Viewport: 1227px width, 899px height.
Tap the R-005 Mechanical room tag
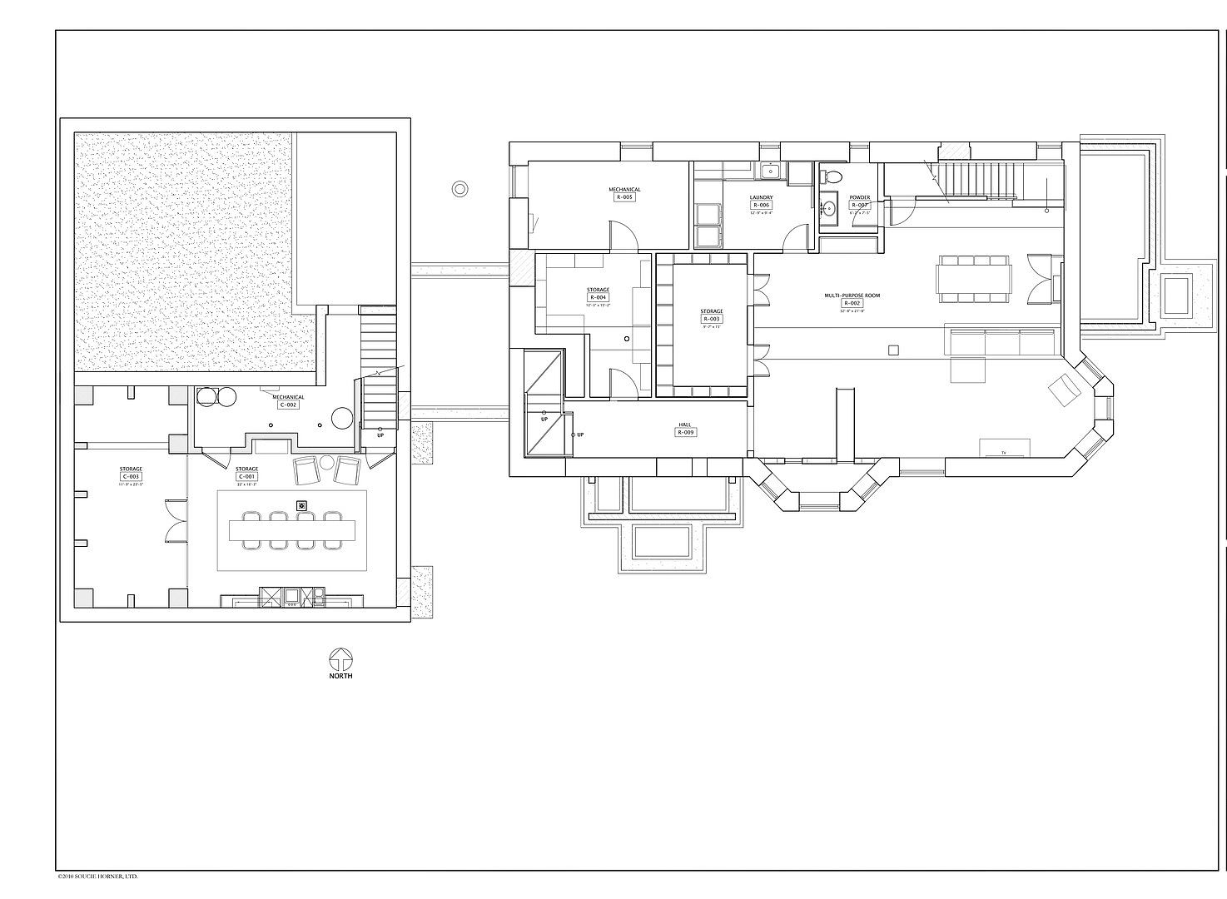[x=624, y=197]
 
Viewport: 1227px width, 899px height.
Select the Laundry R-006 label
[x=761, y=205]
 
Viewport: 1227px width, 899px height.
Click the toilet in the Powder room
[x=831, y=177]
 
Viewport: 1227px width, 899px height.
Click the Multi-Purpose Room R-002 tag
[x=852, y=303]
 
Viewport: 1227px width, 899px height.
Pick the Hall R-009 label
[x=685, y=432]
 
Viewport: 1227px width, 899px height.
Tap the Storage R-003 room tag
[x=711, y=319]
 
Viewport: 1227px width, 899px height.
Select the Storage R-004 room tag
[x=598, y=297]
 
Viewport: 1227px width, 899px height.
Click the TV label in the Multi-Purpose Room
[x=1004, y=453]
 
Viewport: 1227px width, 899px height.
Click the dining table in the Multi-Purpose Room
[x=973, y=279]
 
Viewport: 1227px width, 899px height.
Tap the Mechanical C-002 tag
[x=288, y=405]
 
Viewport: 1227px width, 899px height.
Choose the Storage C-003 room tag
[x=131, y=477]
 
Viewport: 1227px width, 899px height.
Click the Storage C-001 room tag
[x=246, y=477]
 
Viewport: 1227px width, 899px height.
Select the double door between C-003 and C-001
[x=175, y=519]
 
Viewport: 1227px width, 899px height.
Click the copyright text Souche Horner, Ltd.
[x=97, y=876]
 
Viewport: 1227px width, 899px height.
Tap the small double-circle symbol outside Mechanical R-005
[x=459, y=189]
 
